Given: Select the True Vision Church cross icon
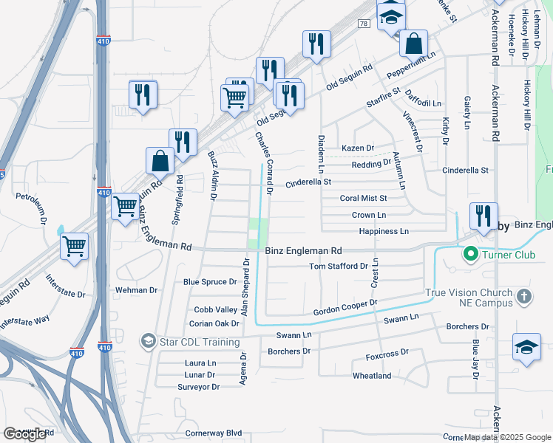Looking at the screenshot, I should [x=523, y=297].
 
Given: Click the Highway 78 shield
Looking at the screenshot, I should [x=363, y=24].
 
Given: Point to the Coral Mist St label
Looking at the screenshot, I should [x=363, y=198].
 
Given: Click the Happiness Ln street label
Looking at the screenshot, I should [x=384, y=231].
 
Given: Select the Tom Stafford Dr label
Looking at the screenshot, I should [x=338, y=266].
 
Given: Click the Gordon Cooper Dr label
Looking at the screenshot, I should [x=345, y=308].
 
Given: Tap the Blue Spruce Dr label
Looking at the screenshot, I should [x=210, y=281].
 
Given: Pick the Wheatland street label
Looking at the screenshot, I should [x=372, y=376].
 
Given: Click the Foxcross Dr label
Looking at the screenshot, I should [x=387, y=357].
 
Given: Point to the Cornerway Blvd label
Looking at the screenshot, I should [x=214, y=433].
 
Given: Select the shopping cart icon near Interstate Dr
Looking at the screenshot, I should [x=75, y=247].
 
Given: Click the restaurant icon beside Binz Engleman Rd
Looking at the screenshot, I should [x=482, y=216].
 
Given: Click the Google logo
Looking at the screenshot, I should [x=24, y=434].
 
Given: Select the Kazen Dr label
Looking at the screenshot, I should [x=358, y=148].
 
